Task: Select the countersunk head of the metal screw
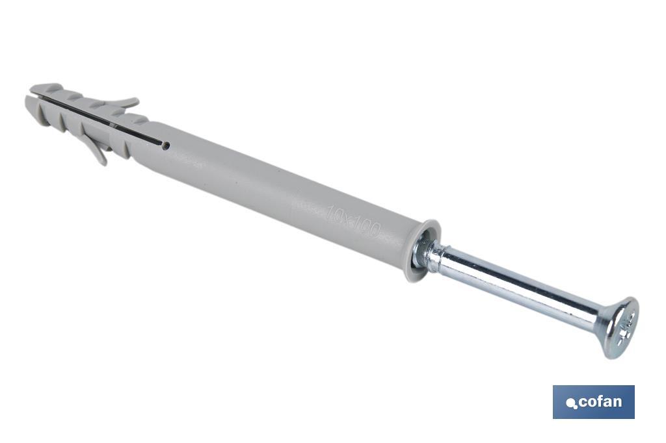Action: coord(619,327)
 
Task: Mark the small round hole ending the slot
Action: coord(166,146)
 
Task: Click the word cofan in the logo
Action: coord(600,402)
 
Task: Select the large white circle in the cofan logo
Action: coord(570,402)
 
